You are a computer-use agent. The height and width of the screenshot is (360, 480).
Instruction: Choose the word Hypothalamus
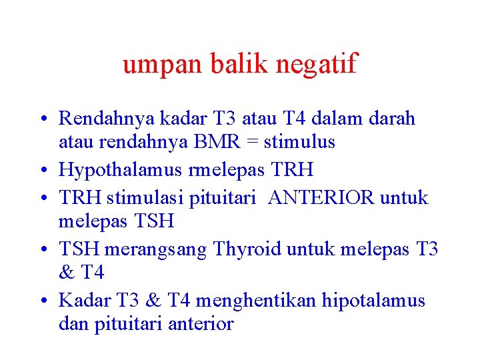[x=120, y=170]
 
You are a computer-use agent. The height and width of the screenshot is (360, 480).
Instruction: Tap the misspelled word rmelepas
[x=225, y=170]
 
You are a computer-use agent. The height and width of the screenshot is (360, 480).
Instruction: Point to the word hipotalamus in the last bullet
[x=374, y=301]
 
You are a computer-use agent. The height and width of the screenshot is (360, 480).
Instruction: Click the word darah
[x=390, y=119]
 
